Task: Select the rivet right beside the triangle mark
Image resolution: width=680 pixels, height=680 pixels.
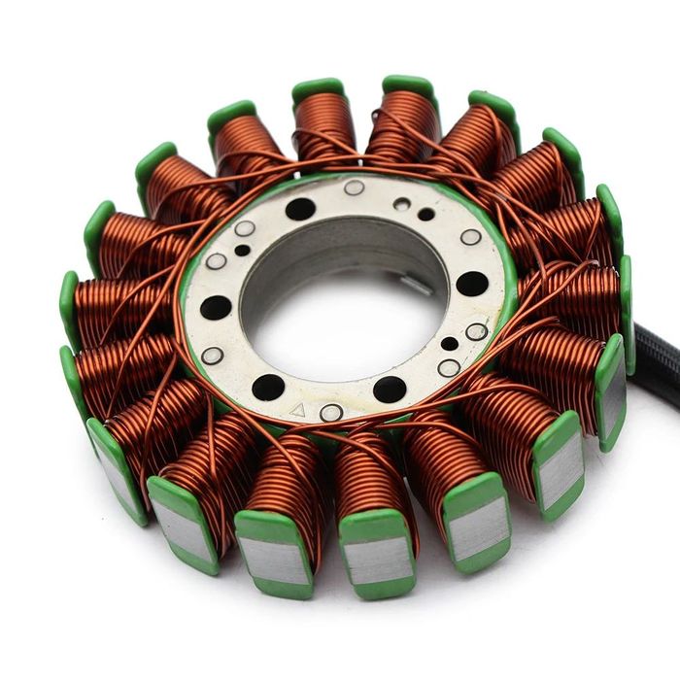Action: pyautogui.click(x=330, y=413)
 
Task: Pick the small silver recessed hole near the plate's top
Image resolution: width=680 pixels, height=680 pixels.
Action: pyautogui.click(x=402, y=204)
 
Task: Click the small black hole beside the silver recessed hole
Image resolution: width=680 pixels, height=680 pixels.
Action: pyautogui.click(x=425, y=214)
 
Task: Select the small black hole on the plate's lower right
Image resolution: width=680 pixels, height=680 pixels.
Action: pyautogui.click(x=449, y=343)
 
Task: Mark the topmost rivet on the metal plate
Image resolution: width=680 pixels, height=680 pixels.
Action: pyautogui.click(x=355, y=187)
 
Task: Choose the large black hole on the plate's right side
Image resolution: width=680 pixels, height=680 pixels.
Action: pyautogui.click(x=472, y=284)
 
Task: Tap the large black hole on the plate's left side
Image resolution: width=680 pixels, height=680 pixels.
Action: pyautogui.click(x=216, y=308)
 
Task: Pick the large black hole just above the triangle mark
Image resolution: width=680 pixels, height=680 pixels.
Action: pyautogui.click(x=269, y=387)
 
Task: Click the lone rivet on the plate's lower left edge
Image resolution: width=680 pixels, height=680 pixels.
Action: pyautogui.click(x=212, y=356)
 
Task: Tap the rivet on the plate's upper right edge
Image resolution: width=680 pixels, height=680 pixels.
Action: pyautogui.click(x=470, y=237)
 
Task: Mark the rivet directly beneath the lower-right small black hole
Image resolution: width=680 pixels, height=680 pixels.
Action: pyautogui.click(x=448, y=368)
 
